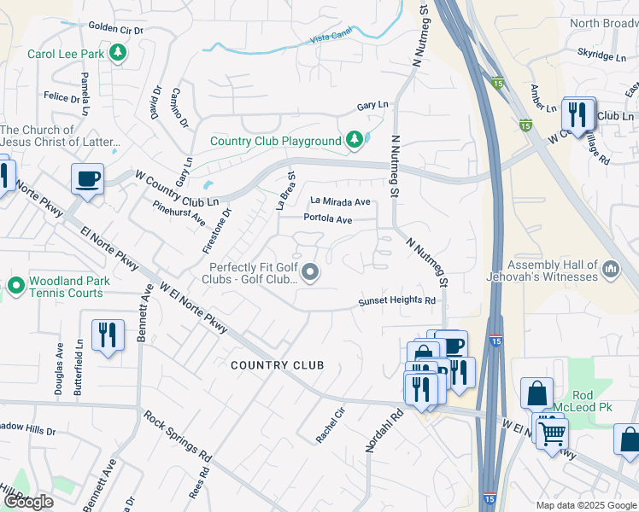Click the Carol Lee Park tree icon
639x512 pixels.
click(x=118, y=54)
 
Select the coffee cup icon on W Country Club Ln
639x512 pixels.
click(x=87, y=179)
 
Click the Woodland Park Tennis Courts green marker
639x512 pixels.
click(x=15, y=286)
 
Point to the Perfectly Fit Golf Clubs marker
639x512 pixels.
click(x=310, y=273)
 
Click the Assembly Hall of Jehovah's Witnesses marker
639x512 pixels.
click(x=611, y=271)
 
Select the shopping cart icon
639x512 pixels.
click(x=552, y=433)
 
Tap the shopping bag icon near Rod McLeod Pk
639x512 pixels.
click(x=537, y=395)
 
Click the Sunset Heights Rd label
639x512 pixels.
click(x=396, y=301)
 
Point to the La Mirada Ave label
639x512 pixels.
click(x=340, y=202)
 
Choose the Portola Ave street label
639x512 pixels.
click(x=328, y=219)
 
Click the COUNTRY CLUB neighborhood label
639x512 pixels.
click(x=278, y=365)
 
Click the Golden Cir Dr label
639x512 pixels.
click(x=114, y=28)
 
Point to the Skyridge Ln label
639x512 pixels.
click(x=602, y=55)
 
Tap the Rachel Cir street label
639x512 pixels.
click(x=330, y=425)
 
